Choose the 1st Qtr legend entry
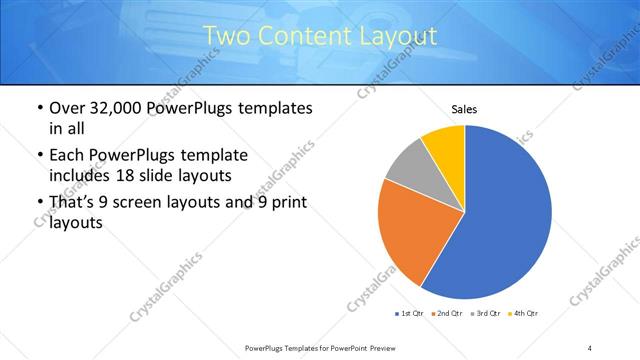(410, 314)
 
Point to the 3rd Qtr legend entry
(484, 314)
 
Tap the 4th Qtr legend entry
(522, 314)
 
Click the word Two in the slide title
(226, 36)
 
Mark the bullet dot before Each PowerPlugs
(39, 156)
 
